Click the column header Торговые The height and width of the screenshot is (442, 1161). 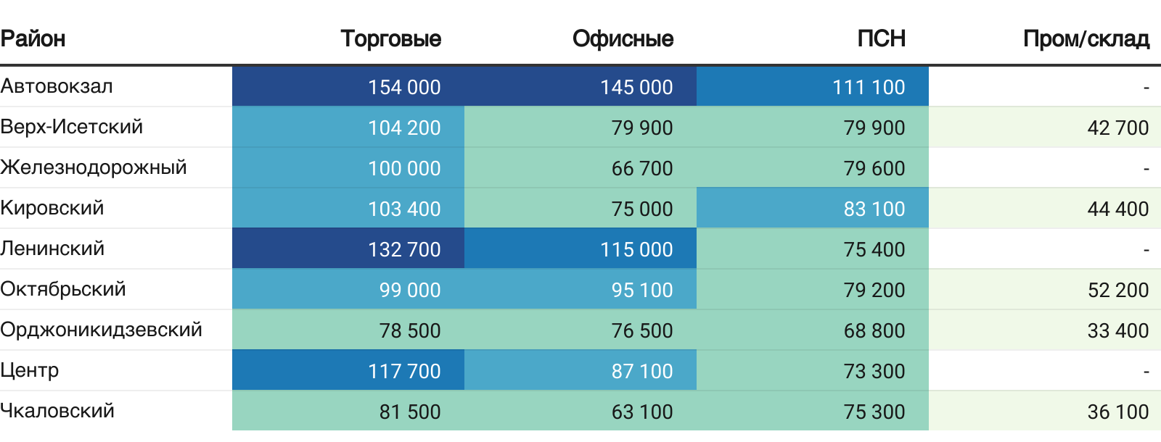(x=390, y=38)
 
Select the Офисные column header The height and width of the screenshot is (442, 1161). (x=623, y=38)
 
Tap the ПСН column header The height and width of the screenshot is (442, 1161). (x=881, y=38)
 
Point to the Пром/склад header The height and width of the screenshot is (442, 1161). (x=1086, y=38)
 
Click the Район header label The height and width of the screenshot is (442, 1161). (x=33, y=38)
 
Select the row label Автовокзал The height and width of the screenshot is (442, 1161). (x=57, y=86)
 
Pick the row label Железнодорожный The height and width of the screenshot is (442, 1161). (x=94, y=167)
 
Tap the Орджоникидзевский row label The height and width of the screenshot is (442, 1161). (x=101, y=330)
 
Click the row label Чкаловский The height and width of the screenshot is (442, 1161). (x=57, y=411)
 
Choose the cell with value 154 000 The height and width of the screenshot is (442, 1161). (x=404, y=87)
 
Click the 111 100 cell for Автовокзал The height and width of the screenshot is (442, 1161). (x=869, y=87)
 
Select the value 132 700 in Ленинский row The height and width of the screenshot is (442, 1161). (x=404, y=249)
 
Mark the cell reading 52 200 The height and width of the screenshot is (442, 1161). (x=1117, y=290)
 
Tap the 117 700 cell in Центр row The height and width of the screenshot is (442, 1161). (x=404, y=371)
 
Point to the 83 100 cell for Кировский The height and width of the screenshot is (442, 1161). (x=874, y=209)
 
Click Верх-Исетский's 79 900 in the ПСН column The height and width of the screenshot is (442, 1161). (x=874, y=128)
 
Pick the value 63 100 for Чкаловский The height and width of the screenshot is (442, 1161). (x=641, y=412)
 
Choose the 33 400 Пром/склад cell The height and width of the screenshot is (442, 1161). (x=1117, y=330)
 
